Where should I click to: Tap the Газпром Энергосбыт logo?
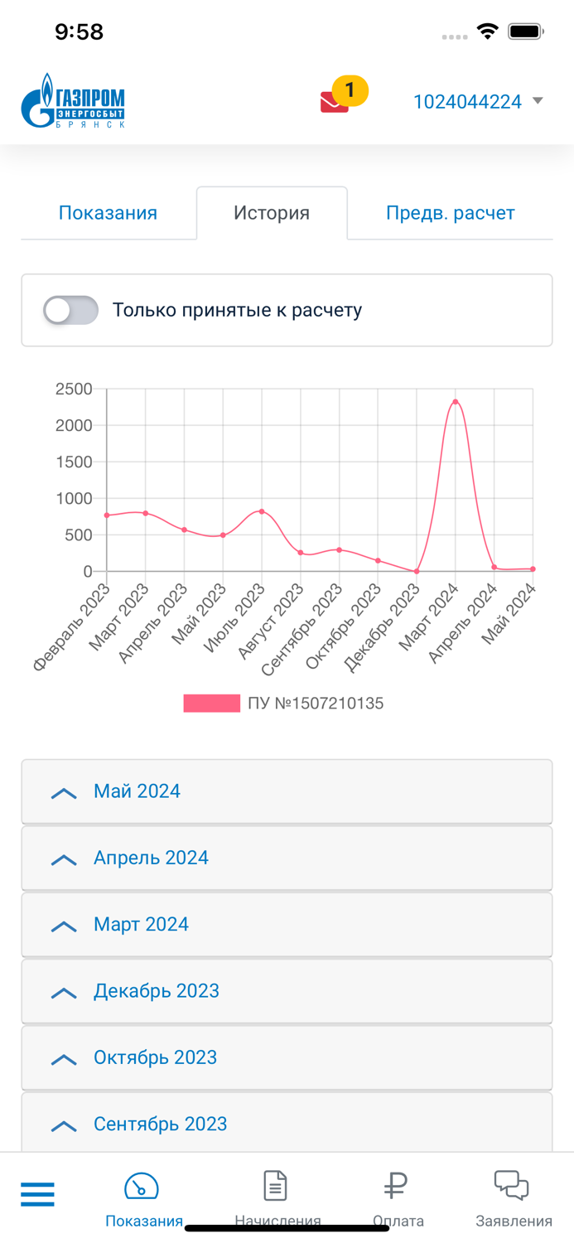[x=73, y=101]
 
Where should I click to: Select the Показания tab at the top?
[x=108, y=213]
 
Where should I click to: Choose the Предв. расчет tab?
[x=450, y=213]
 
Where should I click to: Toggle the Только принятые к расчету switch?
[x=71, y=311]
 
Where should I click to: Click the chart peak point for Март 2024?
[x=456, y=402]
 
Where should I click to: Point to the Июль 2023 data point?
[x=262, y=511]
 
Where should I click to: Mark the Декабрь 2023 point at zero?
[x=417, y=571]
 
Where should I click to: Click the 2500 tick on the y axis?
[x=74, y=389]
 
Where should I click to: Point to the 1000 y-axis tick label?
[x=74, y=498]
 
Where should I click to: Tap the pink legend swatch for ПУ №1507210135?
[x=211, y=704]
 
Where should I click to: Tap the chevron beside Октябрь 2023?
[x=64, y=1059]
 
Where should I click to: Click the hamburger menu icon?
[x=37, y=1194]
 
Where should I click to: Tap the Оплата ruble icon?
[x=396, y=1186]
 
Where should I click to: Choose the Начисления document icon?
[x=275, y=1186]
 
